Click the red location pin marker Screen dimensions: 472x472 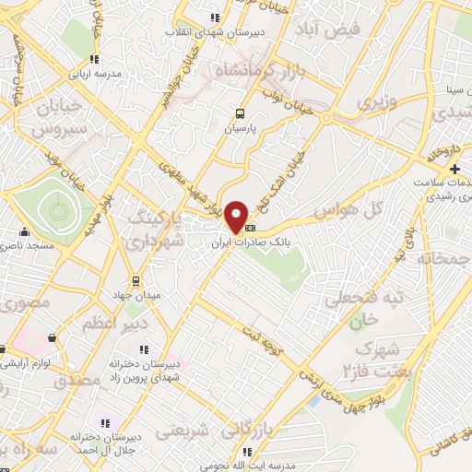coord(237,218)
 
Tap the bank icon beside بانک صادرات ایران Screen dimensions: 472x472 coord(251,228)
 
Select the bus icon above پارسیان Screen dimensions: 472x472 coord(240,114)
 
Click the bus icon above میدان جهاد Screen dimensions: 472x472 coord(136,280)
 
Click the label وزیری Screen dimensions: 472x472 coord(376,100)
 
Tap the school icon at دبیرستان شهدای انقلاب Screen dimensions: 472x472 coord(215,18)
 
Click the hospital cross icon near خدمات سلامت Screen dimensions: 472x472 coord(454,169)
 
